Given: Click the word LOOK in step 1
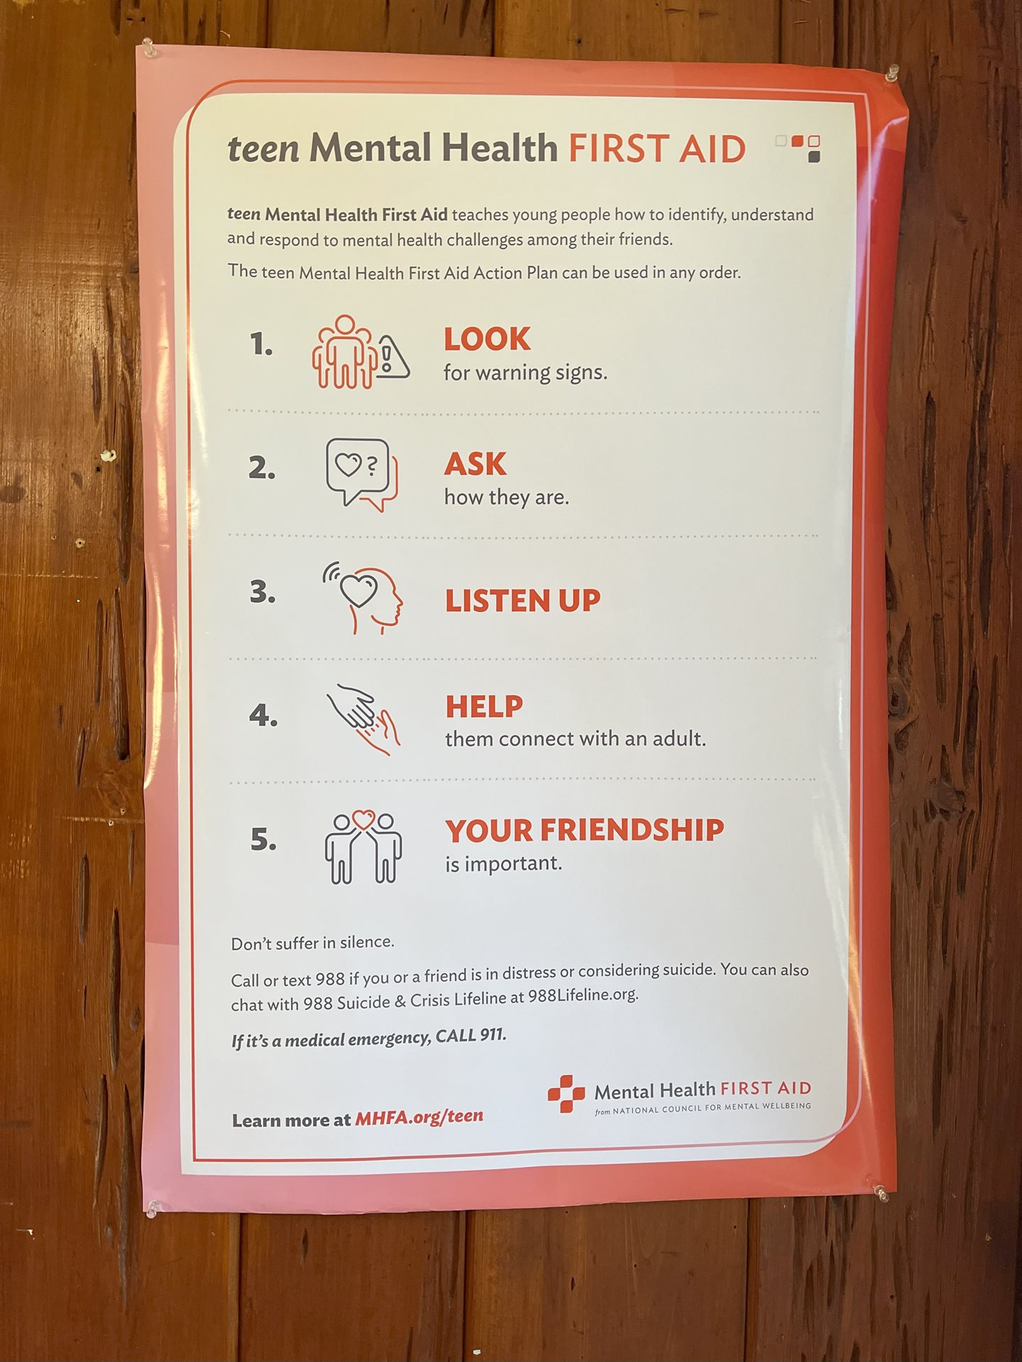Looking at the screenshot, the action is pyautogui.click(x=487, y=339).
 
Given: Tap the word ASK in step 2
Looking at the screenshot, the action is pyautogui.click(x=476, y=465).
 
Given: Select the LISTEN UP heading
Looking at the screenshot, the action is pyautogui.click(x=522, y=601).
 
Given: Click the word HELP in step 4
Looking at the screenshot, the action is pyautogui.click(x=484, y=707).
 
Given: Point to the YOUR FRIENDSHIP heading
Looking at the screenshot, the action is pyautogui.click(x=585, y=830).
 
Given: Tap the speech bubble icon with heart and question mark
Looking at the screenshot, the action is pyautogui.click(x=361, y=474).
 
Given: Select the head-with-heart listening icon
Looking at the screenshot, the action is pyautogui.click(x=363, y=597).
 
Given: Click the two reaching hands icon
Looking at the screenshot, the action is pyautogui.click(x=363, y=719).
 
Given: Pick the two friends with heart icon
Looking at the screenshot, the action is pyautogui.click(x=363, y=847).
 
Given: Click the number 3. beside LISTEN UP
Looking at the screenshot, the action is pyautogui.click(x=263, y=592).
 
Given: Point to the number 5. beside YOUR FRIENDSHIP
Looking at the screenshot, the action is pyautogui.click(x=263, y=840).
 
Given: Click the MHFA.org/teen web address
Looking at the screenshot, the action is pyautogui.click(x=419, y=1117).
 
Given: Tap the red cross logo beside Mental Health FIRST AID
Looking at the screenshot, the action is pyautogui.click(x=566, y=1094).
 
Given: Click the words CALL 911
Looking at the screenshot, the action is pyautogui.click(x=471, y=1036).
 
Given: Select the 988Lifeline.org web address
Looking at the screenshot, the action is pyautogui.click(x=583, y=995).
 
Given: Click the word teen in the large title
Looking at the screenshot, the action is pyautogui.click(x=263, y=149).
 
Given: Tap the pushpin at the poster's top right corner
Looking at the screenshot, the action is pyautogui.click(x=891, y=73).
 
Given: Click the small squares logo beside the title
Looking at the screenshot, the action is pyautogui.click(x=798, y=148).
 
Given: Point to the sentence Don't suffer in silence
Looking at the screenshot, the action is pyautogui.click(x=312, y=943).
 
